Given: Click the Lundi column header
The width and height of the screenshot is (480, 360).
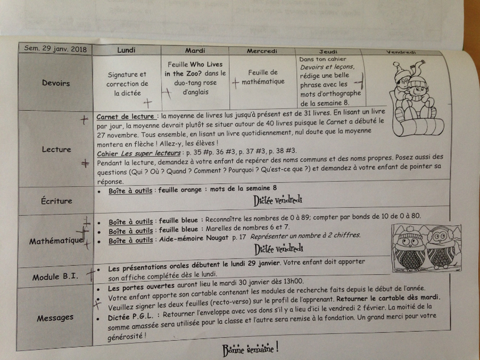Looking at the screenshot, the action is pos(126,50).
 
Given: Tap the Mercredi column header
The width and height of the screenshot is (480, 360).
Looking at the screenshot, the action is pos(262,51).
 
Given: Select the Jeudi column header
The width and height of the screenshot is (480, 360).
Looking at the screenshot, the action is pos(328,52).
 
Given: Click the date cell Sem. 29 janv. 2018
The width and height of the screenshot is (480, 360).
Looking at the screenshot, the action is pos(55,49).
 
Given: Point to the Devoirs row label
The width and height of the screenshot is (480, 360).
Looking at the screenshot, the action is pos(55,83).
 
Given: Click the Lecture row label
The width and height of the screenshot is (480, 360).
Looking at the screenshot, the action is pos(56,149).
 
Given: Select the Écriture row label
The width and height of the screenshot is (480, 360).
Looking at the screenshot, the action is pos(57,201).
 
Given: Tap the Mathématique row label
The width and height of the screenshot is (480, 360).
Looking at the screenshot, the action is pos(56,240).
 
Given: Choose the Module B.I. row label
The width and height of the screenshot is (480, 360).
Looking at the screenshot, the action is pos(55,277).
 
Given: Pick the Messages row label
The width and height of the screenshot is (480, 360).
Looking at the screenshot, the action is pos(55,318).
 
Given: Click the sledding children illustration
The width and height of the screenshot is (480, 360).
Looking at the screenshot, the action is pos(416,98).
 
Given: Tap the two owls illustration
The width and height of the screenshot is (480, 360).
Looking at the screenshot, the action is pos(426,249).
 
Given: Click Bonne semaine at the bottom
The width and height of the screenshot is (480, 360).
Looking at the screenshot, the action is pos(251,349).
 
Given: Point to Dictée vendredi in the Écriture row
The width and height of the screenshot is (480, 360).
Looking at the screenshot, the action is pos(277,201).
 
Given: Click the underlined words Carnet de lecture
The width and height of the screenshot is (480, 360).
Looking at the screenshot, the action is pos(125,116).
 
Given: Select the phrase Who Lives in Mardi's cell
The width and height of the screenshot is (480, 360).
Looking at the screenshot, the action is pos(206,64).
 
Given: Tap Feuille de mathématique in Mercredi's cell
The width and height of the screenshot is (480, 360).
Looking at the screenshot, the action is pos(263,77).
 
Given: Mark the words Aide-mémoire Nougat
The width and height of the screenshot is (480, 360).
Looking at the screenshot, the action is pos(194,239).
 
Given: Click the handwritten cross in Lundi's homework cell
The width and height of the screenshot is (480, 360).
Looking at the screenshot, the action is pos(148,103).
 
